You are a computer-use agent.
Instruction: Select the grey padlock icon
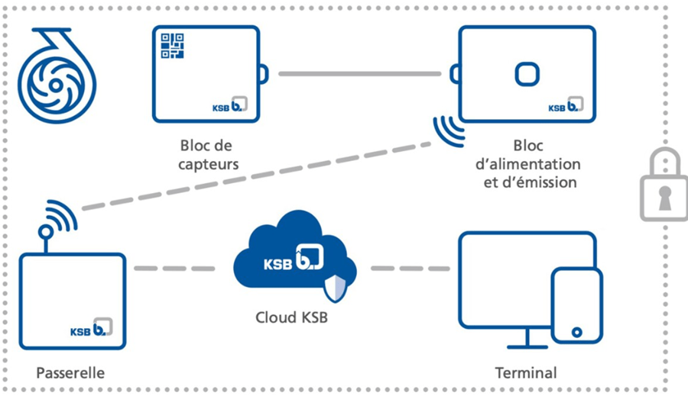coord(664,186)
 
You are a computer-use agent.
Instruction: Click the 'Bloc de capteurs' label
coord(206,153)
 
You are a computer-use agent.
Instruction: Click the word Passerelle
coord(70,373)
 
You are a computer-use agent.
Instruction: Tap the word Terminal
coord(526,373)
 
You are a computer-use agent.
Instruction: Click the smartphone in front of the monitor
coord(577,305)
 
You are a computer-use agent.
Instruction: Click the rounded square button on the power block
coord(526,74)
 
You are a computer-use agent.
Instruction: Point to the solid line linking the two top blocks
coord(359,74)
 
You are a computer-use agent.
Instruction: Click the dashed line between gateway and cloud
coord(176,269)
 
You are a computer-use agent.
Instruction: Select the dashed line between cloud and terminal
coord(409,269)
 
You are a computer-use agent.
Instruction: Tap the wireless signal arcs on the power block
coord(449,130)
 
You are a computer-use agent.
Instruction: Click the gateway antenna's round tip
coord(45,230)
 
